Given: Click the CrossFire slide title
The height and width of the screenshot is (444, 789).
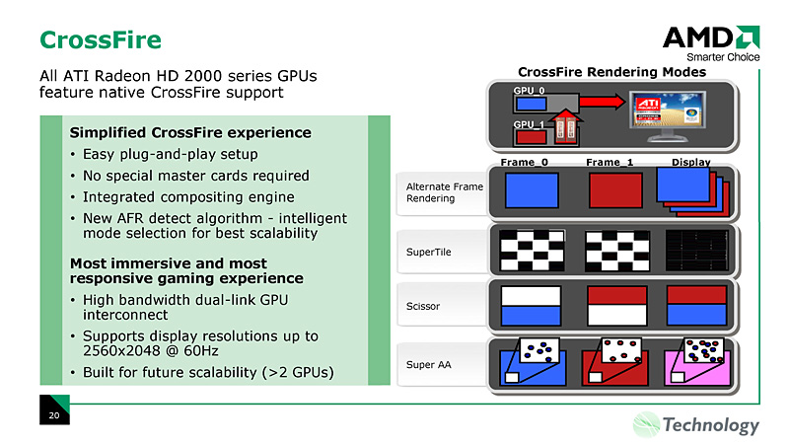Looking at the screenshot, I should coord(100,39).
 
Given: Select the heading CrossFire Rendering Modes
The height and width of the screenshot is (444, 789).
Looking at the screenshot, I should coord(611,72).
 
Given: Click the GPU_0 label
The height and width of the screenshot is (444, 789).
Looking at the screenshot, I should coord(529,90).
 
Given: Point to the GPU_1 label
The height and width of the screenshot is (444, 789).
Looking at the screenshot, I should coord(529,124).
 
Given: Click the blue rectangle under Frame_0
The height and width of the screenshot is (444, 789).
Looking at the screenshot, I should coord(533,189).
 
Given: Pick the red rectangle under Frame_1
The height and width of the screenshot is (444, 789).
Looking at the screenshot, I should coord(615,189).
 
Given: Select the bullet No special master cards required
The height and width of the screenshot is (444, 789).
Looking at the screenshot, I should coord(195,176).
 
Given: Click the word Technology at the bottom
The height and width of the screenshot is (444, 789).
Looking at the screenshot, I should coord(711,425).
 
